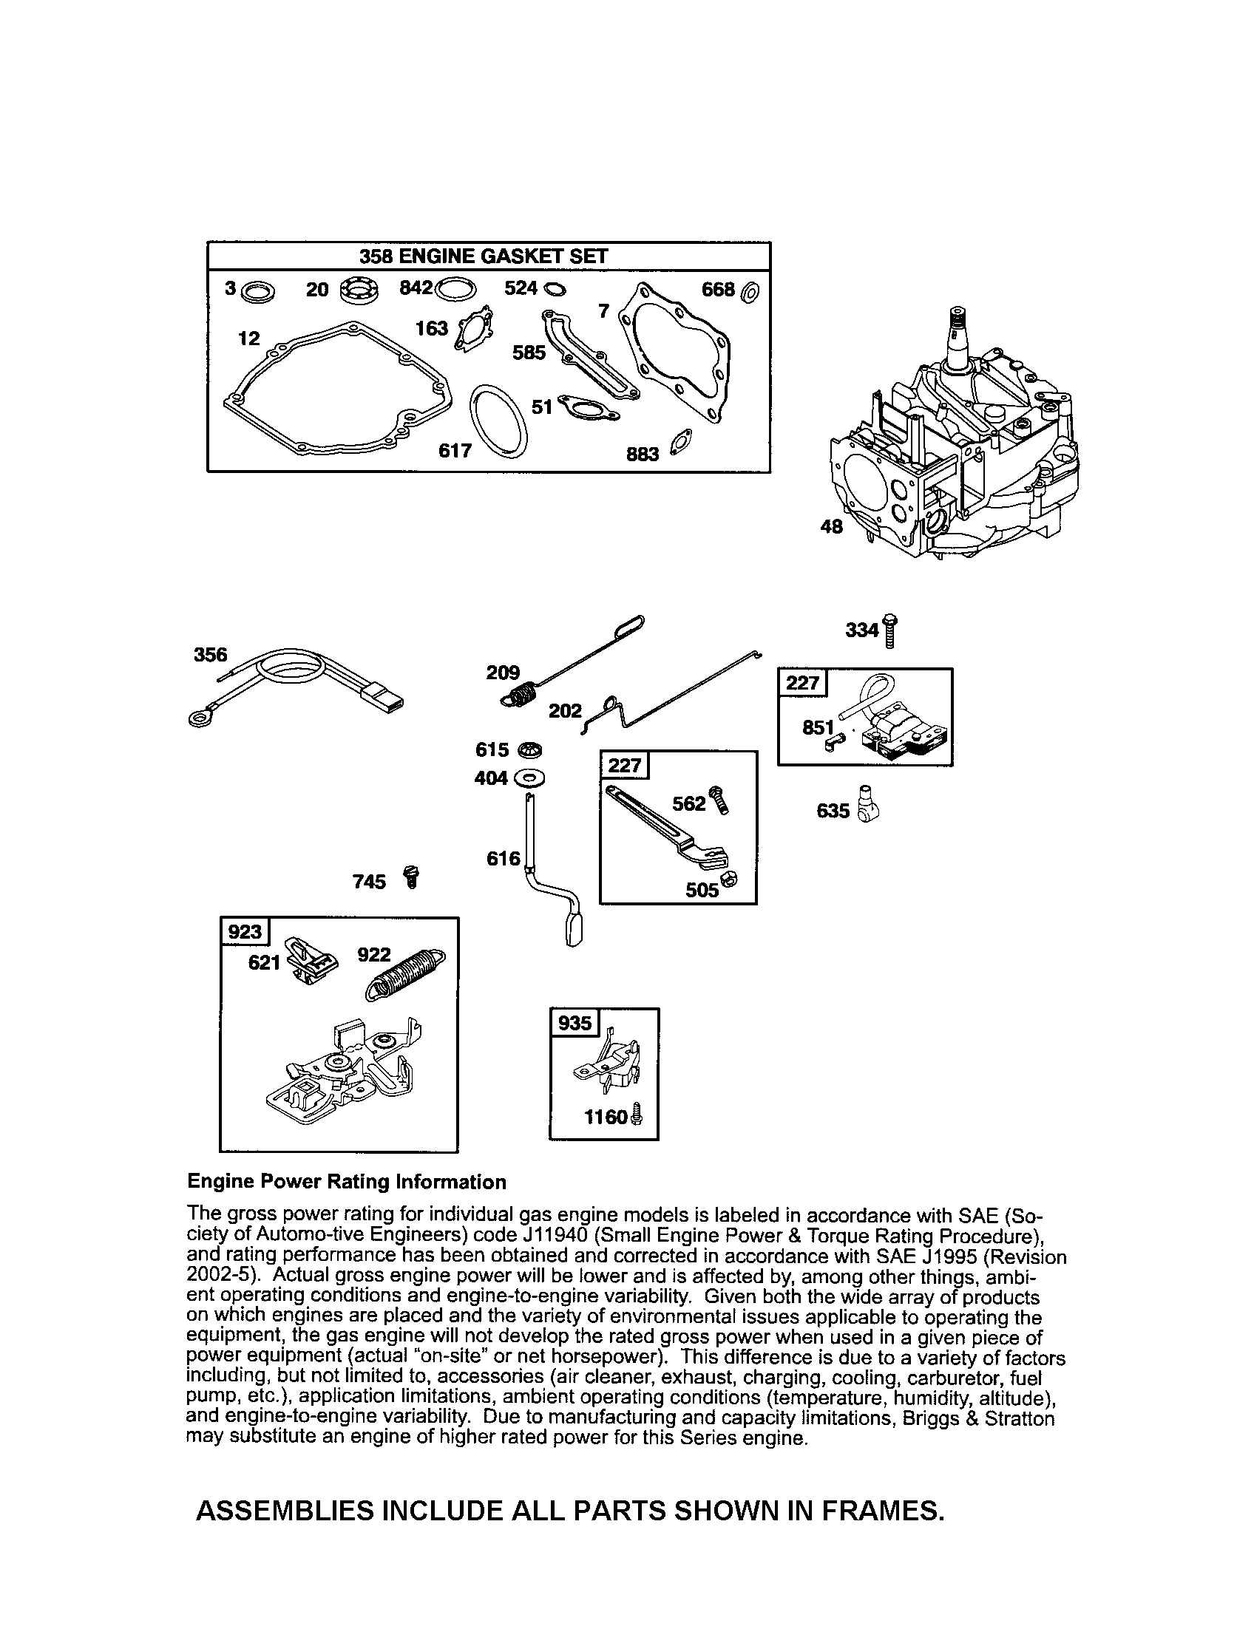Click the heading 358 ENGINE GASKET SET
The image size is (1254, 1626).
484,257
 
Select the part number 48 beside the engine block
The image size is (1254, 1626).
831,526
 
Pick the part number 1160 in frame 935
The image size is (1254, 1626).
605,1117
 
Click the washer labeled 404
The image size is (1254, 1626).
529,779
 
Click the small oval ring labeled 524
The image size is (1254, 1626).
555,289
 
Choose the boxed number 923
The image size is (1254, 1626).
244,932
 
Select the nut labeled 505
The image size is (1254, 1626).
729,881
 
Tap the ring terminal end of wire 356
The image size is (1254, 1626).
199,718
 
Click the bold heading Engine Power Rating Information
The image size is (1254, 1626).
346,1182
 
